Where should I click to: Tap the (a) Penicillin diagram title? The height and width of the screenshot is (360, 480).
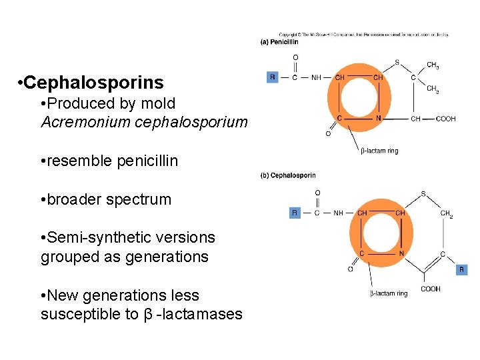[x=279, y=42]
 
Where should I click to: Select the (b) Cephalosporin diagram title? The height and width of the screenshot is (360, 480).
[x=287, y=175]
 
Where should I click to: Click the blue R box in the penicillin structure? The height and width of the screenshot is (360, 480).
[x=272, y=77]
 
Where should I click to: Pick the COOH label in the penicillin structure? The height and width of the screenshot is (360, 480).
[x=446, y=119]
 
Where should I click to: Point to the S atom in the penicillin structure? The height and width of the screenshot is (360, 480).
[x=397, y=63]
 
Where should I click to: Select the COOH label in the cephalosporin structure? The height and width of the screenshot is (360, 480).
[x=430, y=289]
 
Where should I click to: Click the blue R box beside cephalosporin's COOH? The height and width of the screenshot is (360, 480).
[x=461, y=270]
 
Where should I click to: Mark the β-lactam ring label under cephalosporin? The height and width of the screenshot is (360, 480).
[x=389, y=293]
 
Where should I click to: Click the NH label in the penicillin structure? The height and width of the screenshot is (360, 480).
[x=316, y=77]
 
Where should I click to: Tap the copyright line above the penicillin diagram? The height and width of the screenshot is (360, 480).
[x=363, y=35]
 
